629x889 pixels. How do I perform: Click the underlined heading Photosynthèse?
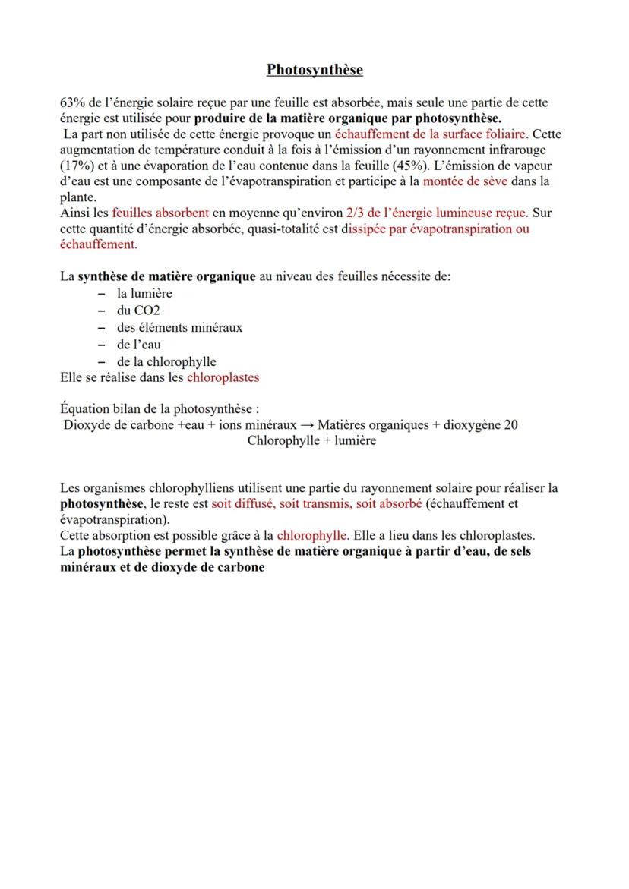click(314, 70)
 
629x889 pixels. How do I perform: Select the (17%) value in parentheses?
click(75, 166)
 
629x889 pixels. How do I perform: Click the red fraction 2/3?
click(354, 213)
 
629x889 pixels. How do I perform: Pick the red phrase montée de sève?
click(465, 182)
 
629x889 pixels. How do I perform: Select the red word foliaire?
click(504, 134)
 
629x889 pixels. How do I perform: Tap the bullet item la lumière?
click(144, 294)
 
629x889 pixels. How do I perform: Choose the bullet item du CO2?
click(137, 311)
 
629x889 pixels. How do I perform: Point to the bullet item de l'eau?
click(138, 345)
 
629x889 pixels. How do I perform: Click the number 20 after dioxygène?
click(511, 425)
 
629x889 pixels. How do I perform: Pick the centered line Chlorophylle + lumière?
click(311, 441)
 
